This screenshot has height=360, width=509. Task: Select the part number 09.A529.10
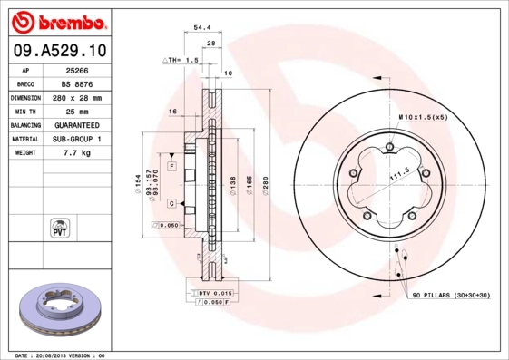60,50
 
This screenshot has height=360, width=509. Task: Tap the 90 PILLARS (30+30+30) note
450,297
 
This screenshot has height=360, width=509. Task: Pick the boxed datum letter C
171,204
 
